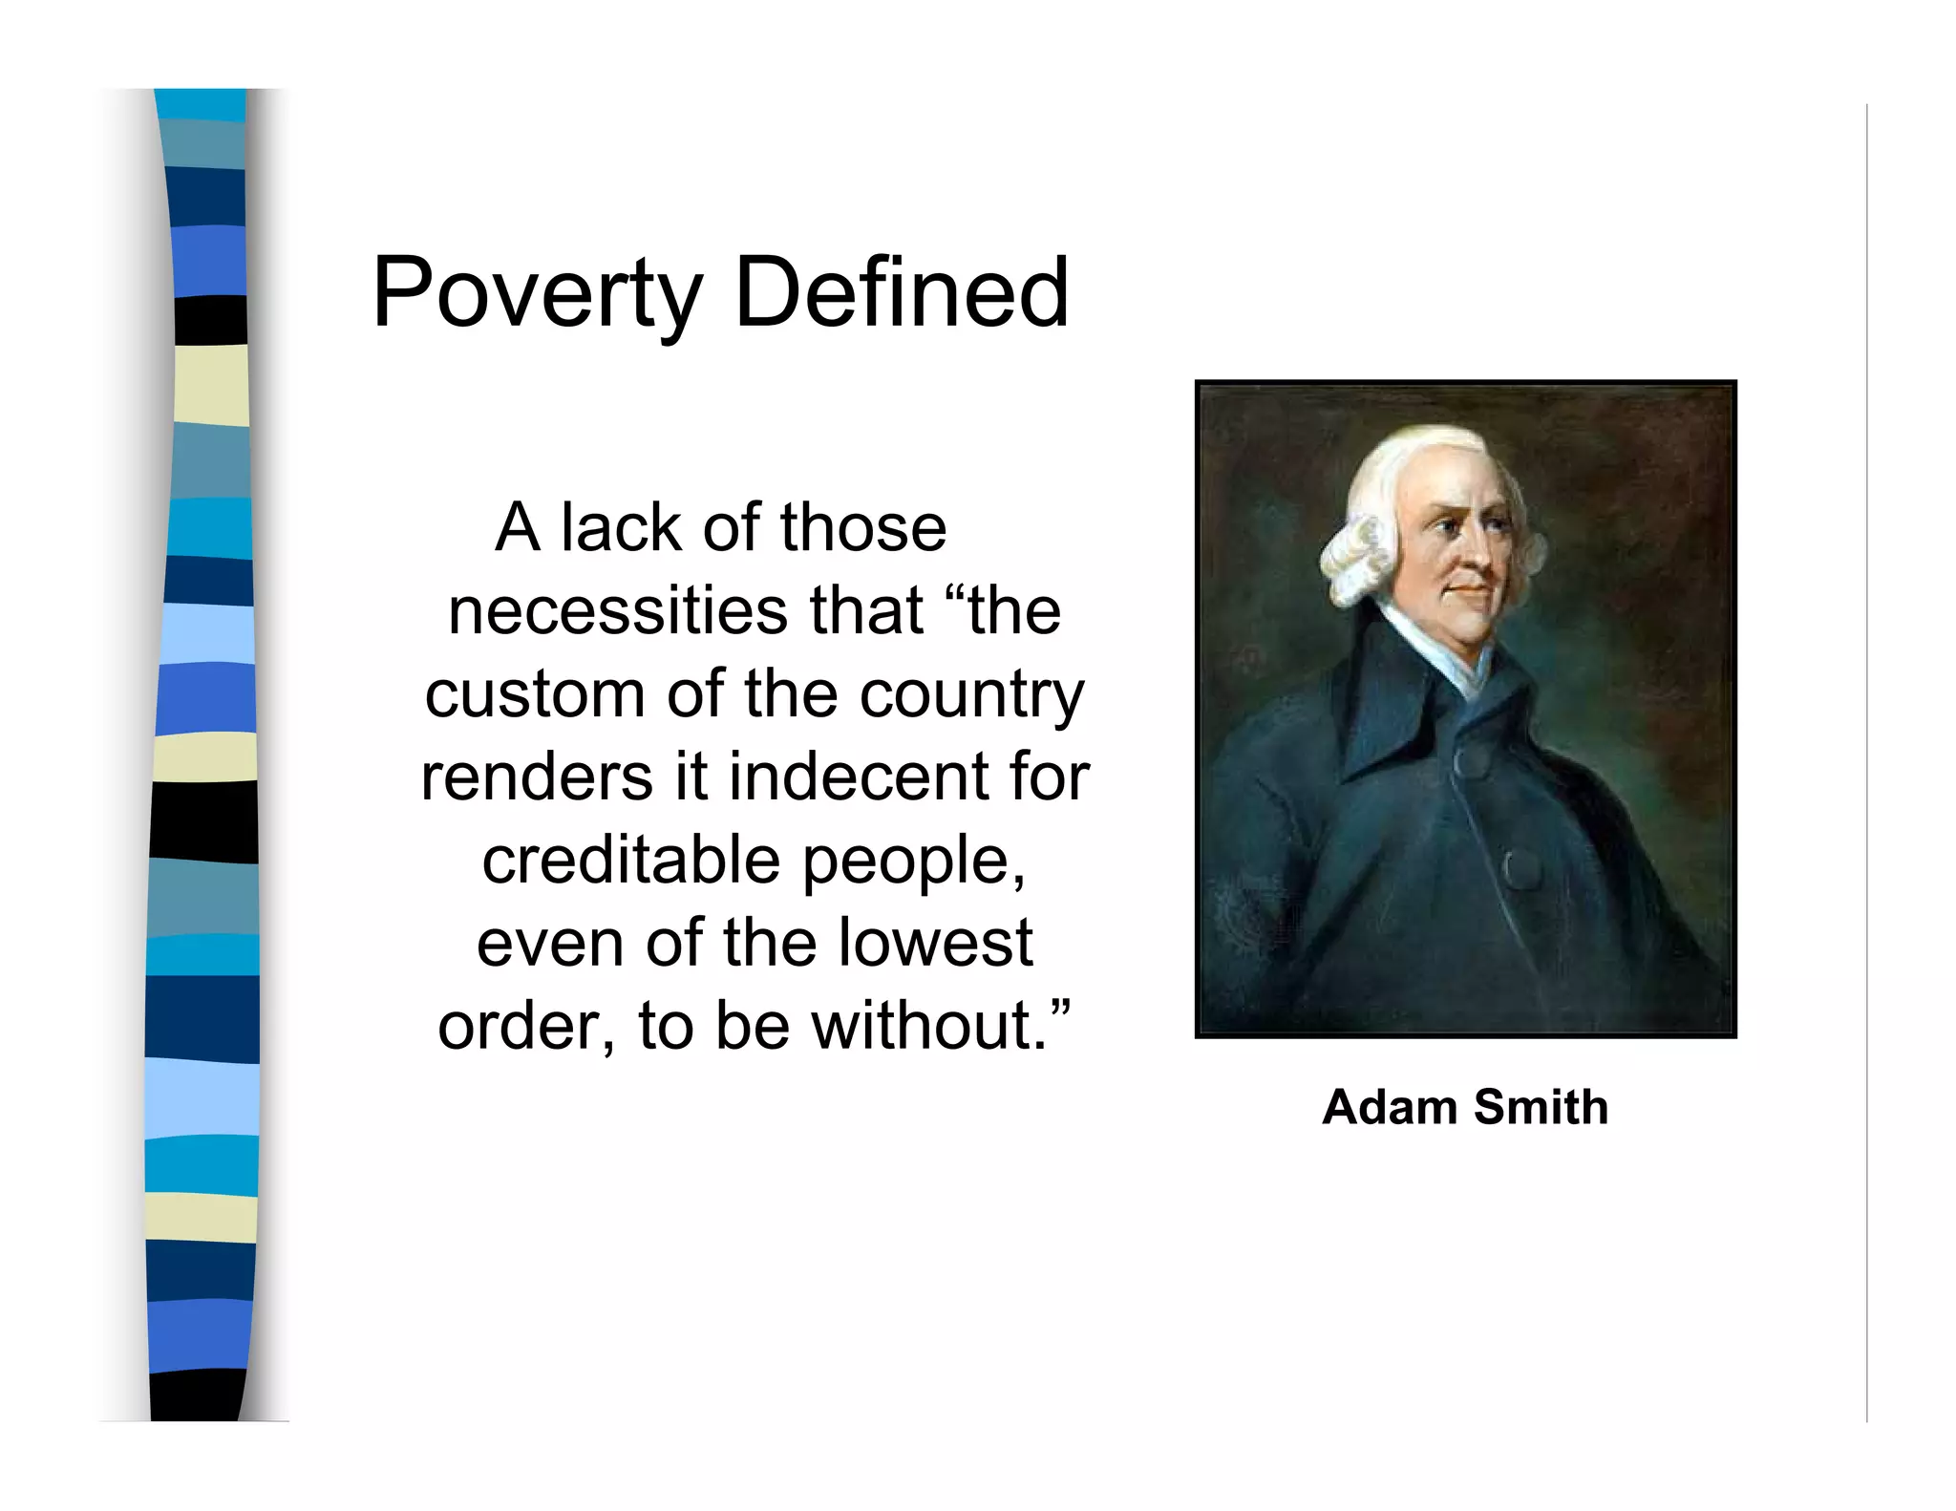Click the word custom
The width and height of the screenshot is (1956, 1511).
pos(535,694)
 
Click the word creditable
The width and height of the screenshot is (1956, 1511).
pos(630,860)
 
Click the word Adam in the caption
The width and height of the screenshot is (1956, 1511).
pos(1389,1107)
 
